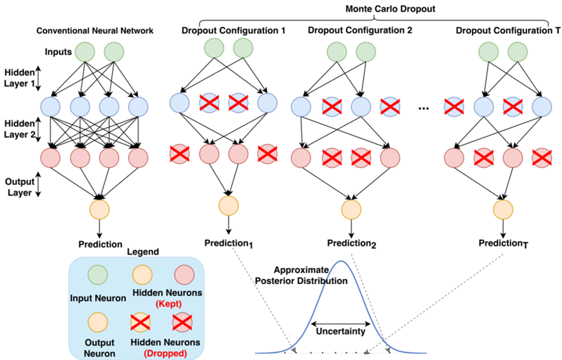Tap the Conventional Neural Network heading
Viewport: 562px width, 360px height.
coord(95,30)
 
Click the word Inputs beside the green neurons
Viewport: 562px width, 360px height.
coord(58,51)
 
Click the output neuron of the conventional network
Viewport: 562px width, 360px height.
coord(100,208)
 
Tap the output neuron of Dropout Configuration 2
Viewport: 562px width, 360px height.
coord(350,208)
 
